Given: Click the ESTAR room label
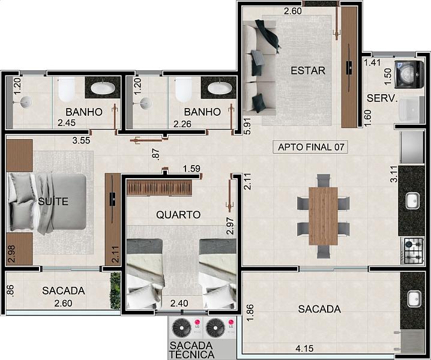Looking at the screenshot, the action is (x=308, y=71).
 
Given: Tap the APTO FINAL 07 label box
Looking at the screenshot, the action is (x=310, y=147).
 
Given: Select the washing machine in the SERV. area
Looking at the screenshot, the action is (x=409, y=74).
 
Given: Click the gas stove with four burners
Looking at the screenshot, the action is (x=412, y=251).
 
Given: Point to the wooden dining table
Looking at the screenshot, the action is (x=323, y=216).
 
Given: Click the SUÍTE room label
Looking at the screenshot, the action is (x=53, y=202).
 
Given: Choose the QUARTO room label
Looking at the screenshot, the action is (x=178, y=215).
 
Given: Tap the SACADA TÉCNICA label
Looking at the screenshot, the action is (x=191, y=350).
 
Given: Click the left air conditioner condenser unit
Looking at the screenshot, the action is (x=182, y=327).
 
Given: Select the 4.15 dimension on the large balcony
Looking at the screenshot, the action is (x=304, y=349).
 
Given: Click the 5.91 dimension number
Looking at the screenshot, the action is (x=248, y=126).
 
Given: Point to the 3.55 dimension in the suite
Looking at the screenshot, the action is (x=81, y=140).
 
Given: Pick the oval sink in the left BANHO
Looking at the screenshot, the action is (x=103, y=88).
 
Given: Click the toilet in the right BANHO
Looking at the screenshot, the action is (x=184, y=89).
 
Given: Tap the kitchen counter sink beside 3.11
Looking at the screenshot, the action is (x=412, y=200).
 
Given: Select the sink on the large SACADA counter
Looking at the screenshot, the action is (x=414, y=298).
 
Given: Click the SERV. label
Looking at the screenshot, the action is (x=382, y=98).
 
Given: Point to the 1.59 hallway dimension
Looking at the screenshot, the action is (x=192, y=169).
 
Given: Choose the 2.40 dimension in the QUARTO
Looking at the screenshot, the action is (x=179, y=303).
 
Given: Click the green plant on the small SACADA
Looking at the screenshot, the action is (x=115, y=290).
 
